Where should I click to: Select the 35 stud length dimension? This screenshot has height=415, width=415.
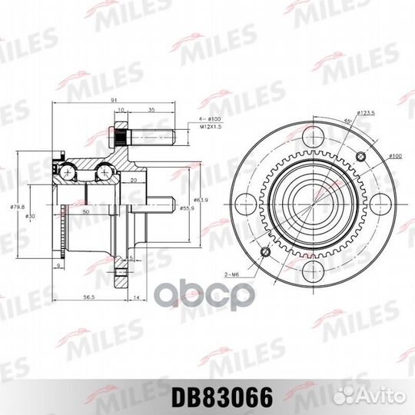151,111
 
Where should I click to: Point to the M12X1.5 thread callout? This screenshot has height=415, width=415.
198,128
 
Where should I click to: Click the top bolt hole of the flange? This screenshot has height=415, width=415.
312,138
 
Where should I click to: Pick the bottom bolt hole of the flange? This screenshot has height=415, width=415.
312,271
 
